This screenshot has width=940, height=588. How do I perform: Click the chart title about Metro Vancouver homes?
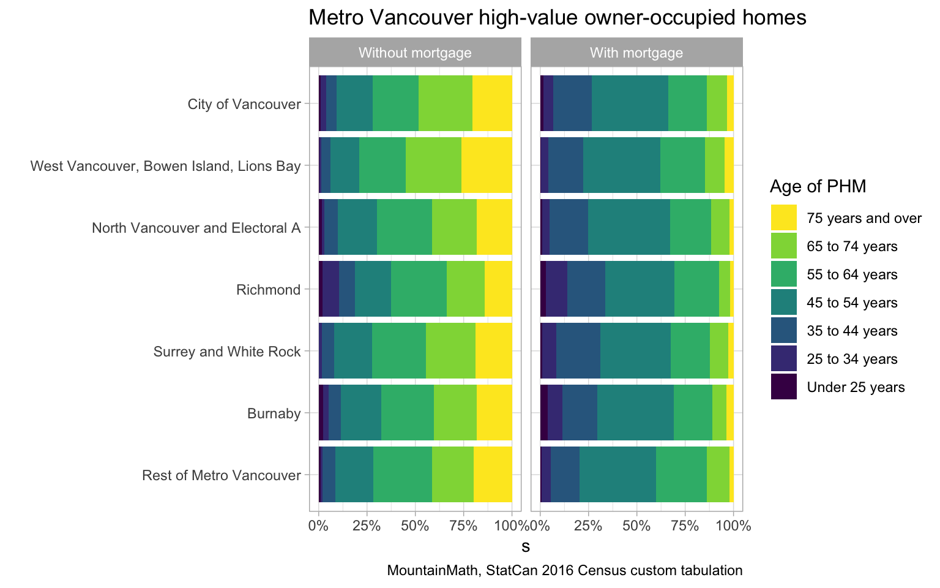(557, 18)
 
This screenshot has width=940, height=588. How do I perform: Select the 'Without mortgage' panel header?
(414, 53)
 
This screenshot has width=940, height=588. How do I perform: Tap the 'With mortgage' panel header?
(636, 53)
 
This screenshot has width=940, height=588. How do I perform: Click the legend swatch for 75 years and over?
(784, 218)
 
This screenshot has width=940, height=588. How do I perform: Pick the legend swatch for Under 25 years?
(784, 387)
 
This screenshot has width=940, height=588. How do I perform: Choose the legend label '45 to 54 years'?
(852, 303)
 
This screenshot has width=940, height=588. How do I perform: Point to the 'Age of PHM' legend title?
(818, 186)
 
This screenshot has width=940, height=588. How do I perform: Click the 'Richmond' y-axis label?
(268, 289)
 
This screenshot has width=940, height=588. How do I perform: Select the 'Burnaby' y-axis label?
(274, 413)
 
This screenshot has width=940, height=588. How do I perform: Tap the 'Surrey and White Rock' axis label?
(227, 352)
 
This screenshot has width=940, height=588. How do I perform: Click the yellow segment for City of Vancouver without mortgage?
(492, 104)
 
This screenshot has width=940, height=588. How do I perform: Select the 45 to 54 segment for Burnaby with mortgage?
(635, 413)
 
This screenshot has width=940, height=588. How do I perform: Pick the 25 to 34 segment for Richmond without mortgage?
(330, 289)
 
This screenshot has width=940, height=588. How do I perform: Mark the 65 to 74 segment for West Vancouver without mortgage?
(433, 165)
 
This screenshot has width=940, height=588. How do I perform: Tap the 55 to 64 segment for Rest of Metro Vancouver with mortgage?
(681, 475)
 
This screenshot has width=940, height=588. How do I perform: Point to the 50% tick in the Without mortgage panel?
(415, 525)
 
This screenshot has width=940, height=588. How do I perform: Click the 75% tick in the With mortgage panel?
(685, 525)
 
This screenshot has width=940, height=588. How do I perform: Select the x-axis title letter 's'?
(526, 546)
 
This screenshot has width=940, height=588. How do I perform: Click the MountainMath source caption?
(565, 571)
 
